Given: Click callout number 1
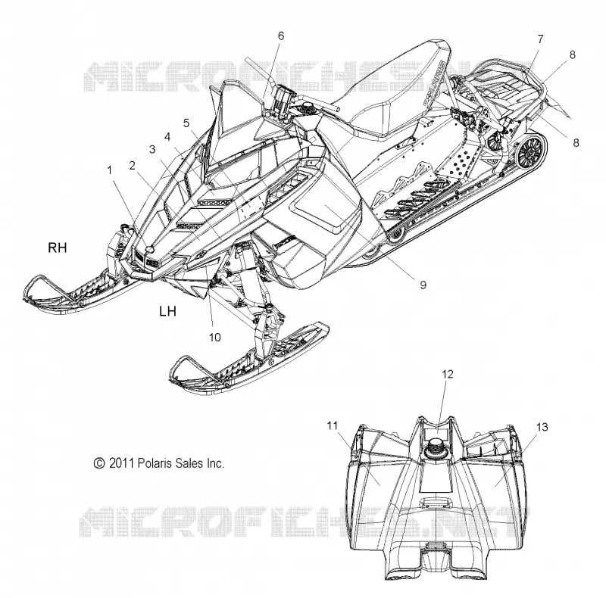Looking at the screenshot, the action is click(110, 170).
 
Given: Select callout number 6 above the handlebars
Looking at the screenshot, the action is click(281, 36).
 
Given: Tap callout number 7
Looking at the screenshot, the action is click(540, 39).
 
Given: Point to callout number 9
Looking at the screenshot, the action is click(423, 285).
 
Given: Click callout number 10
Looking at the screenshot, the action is click(215, 338).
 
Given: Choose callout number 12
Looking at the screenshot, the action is click(448, 374).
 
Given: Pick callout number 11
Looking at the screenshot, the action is click(333, 425).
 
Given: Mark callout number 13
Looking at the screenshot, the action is click(542, 427).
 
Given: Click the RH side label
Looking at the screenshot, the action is click(58, 248).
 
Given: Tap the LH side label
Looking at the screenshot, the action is click(167, 311).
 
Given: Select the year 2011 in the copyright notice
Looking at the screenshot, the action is click(121, 463).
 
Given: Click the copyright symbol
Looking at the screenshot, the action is click(99, 463).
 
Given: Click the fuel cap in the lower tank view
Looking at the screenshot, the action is click(436, 448).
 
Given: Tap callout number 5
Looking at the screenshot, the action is click(186, 123).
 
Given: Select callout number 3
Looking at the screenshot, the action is click(152, 149).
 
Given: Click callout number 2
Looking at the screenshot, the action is click(132, 165).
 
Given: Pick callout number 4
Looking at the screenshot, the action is click(167, 137).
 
